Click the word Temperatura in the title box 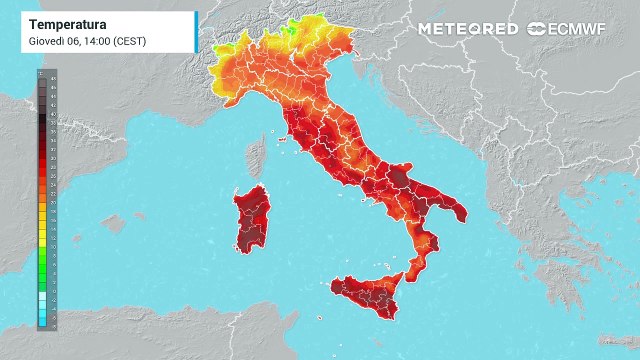tap(69, 22)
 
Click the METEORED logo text tap(468, 29)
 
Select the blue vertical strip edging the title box tap(196, 31)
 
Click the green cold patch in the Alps tap(290, 27)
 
